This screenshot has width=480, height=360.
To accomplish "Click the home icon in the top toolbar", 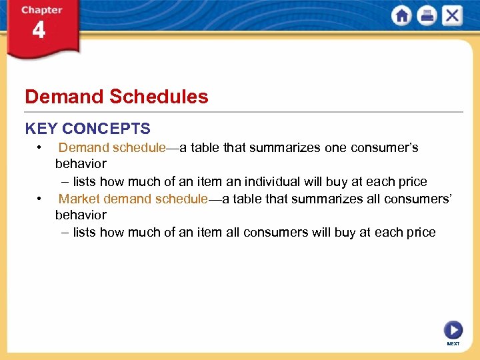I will [x=402, y=15].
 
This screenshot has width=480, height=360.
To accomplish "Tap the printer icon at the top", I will [x=427, y=15].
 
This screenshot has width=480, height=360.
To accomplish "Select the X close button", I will [x=451, y=15].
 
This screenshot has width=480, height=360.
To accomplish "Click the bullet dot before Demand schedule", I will [x=41, y=147].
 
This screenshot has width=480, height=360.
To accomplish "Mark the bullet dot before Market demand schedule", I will [x=41, y=199].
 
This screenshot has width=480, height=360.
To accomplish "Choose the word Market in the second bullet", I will [x=79, y=199].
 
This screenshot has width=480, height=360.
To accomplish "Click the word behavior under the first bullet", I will [x=81, y=163].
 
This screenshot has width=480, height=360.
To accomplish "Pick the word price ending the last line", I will [x=421, y=233].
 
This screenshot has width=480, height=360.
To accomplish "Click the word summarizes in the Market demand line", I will [x=310, y=199].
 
